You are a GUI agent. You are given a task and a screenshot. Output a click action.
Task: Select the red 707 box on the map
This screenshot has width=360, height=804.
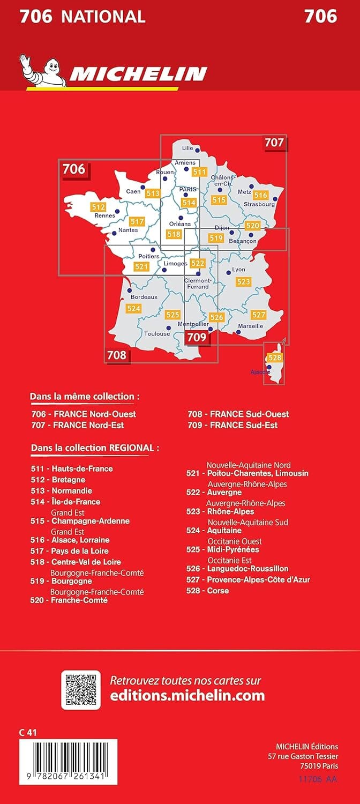274,143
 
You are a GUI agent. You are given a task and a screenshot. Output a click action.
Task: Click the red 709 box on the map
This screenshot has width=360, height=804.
196,337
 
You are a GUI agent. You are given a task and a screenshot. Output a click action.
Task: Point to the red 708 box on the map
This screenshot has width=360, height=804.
117,354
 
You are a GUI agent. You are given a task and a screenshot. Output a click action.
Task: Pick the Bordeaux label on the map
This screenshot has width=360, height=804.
144,296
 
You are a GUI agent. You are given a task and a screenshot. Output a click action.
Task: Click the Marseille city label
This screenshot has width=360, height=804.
249,325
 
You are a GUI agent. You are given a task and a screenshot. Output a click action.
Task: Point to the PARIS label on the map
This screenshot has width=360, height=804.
188,189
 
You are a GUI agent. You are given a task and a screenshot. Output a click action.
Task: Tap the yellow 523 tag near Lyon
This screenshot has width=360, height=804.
243,281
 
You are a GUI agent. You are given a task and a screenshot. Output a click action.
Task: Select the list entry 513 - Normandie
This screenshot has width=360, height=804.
62,490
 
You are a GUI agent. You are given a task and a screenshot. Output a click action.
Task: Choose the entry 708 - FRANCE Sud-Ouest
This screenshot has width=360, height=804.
238,414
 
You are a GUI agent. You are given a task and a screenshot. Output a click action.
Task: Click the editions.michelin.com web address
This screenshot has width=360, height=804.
187,696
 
